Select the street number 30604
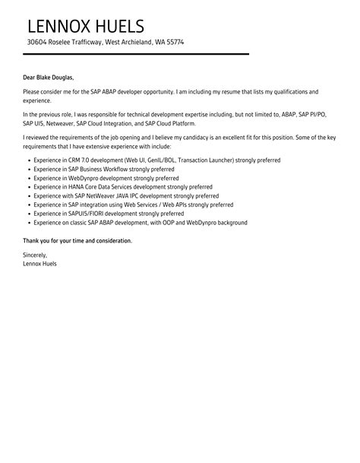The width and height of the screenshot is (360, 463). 37,43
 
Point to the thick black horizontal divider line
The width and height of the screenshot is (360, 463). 137,54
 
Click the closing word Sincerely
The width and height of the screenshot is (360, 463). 35,255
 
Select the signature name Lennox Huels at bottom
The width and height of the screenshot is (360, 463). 40,264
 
